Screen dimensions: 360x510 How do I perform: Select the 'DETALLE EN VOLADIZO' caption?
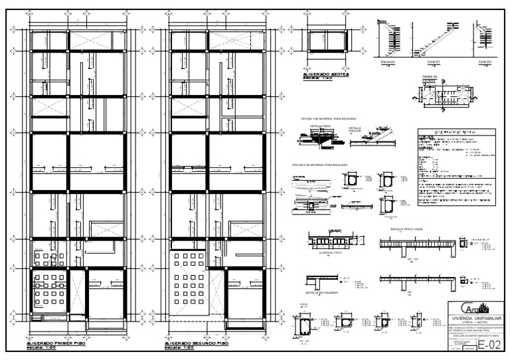click(x=321, y=292)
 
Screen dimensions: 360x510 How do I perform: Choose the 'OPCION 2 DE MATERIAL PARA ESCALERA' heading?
click(x=319, y=164)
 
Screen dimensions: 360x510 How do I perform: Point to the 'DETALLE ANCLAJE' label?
click(x=357, y=129)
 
